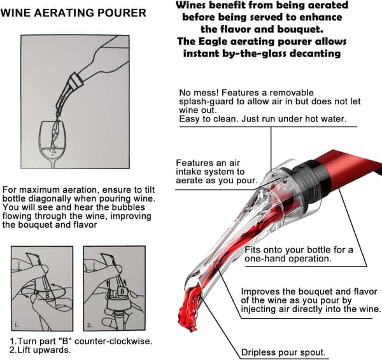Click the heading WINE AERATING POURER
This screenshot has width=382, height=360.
tap(73, 13)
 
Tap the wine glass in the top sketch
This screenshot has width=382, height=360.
tap(53, 144)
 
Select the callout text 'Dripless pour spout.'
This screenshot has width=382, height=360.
tap(283, 352)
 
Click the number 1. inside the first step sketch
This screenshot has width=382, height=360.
tap(17, 325)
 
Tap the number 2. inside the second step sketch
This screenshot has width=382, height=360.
tap(89, 325)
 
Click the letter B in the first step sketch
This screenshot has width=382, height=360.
tap(48, 296)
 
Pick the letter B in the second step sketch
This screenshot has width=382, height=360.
tap(122, 291)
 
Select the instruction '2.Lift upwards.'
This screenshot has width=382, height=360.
tap(40, 350)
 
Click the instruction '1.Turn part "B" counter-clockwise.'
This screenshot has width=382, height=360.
tap(81, 341)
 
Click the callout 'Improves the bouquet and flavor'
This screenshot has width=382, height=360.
tap(309, 291)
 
